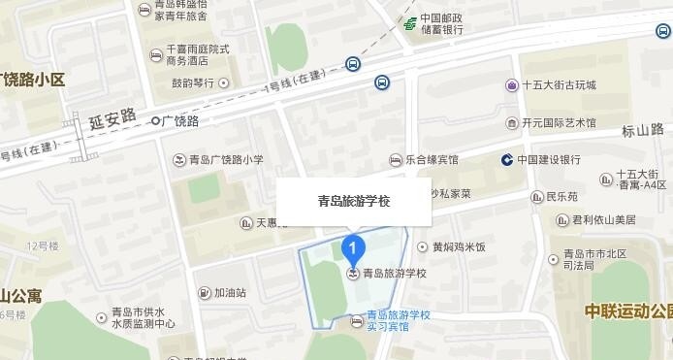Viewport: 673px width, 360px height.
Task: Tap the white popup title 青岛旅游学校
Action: [354, 202]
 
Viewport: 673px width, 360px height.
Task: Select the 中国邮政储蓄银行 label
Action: [441, 23]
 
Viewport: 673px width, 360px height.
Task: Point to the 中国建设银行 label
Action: [549, 159]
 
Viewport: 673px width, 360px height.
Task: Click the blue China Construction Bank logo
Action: [506, 159]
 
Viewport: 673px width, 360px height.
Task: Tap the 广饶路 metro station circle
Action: [155, 121]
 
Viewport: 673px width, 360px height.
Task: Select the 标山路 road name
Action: [642, 129]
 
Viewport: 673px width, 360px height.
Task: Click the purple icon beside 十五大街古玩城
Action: [511, 85]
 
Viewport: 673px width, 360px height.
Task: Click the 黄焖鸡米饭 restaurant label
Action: [459, 246]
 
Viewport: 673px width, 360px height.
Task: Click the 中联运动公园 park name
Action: [628, 311]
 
